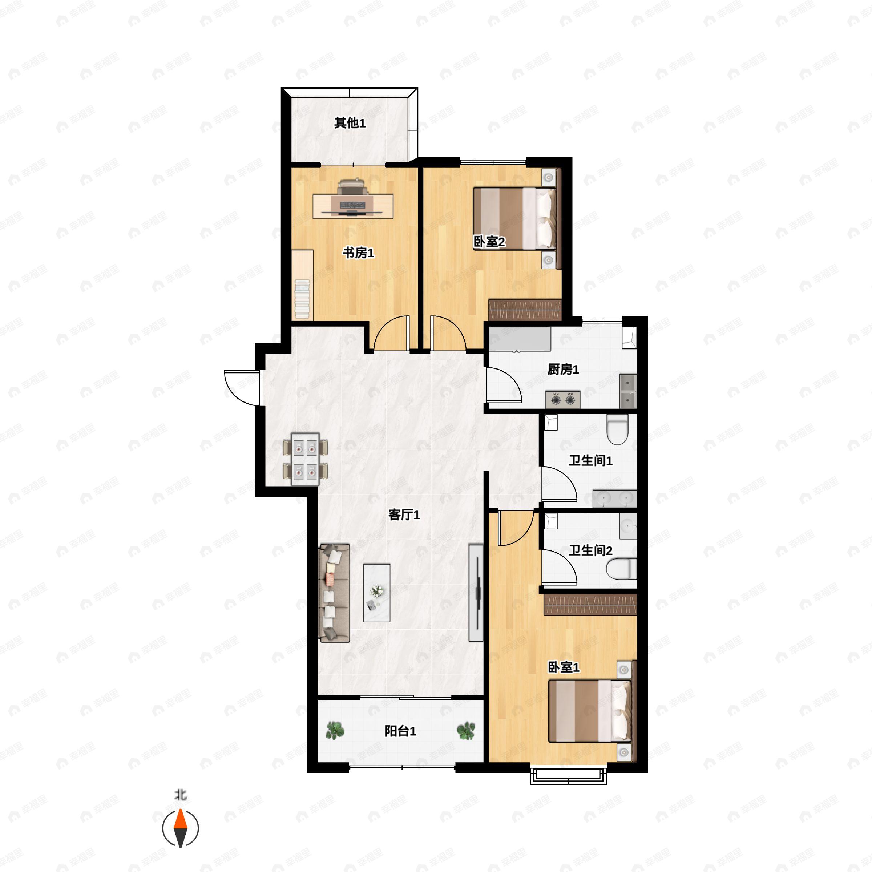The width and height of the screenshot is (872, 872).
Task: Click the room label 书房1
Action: [x=358, y=253]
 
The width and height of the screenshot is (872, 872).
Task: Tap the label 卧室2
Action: [x=489, y=242]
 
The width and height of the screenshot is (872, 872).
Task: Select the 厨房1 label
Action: [x=563, y=369]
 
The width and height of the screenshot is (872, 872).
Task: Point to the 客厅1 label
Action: [x=404, y=514]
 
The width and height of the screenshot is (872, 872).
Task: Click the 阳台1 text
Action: [x=400, y=731]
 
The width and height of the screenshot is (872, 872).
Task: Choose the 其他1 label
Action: [x=350, y=123]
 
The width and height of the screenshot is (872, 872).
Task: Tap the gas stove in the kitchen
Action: [x=563, y=399]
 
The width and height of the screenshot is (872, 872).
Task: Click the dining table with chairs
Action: [x=305, y=459]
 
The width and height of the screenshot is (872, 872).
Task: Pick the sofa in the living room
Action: [x=334, y=593]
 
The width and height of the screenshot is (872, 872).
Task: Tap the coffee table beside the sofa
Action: [x=377, y=593]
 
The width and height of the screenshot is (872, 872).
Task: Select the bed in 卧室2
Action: [x=514, y=218]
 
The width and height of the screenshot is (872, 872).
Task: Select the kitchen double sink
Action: [x=628, y=391]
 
